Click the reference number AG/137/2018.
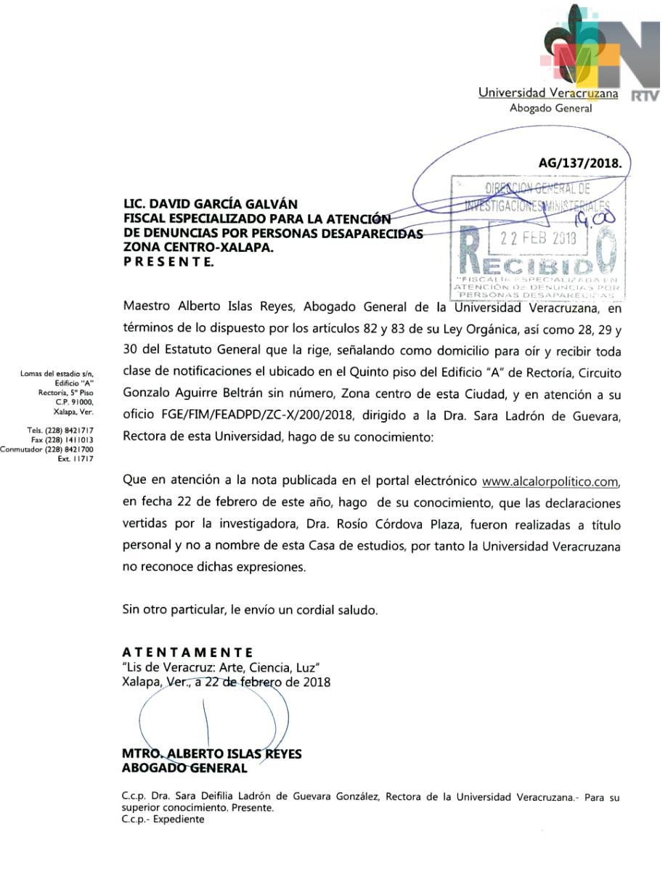tap(580, 163)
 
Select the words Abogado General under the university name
tap(550, 108)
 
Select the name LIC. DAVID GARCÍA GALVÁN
tap(211, 205)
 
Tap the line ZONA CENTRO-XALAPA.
tap(196, 247)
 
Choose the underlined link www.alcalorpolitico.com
tap(550, 481)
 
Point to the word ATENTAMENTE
tap(187, 652)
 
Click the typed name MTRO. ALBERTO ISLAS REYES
tap(211, 754)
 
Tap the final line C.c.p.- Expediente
tap(163, 820)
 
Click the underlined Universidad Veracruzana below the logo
tap(548, 93)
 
